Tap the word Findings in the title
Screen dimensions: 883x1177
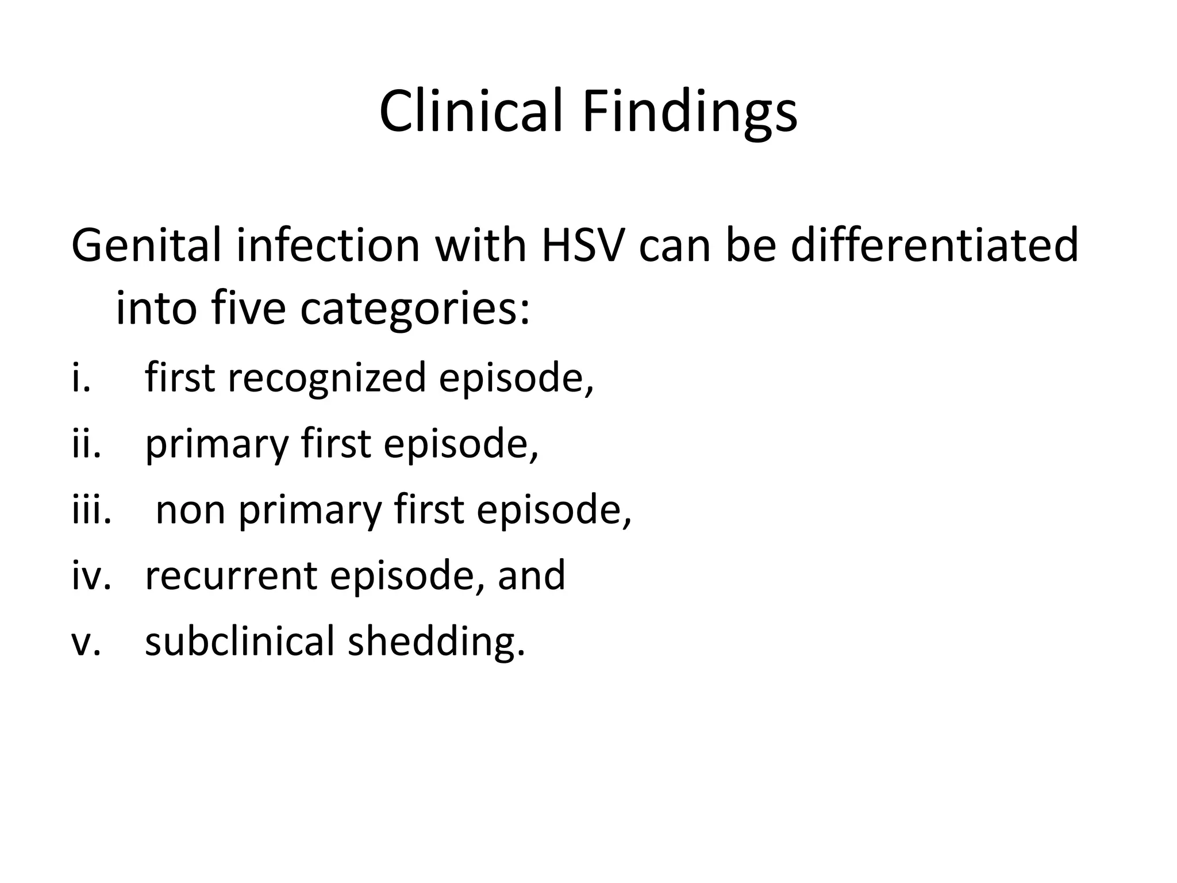689,113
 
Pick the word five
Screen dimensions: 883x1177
248,309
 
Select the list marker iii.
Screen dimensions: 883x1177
91,510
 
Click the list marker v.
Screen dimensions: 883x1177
86,642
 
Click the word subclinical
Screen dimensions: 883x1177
239,641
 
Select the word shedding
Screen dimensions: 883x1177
436,642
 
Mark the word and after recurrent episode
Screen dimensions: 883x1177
531,575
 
